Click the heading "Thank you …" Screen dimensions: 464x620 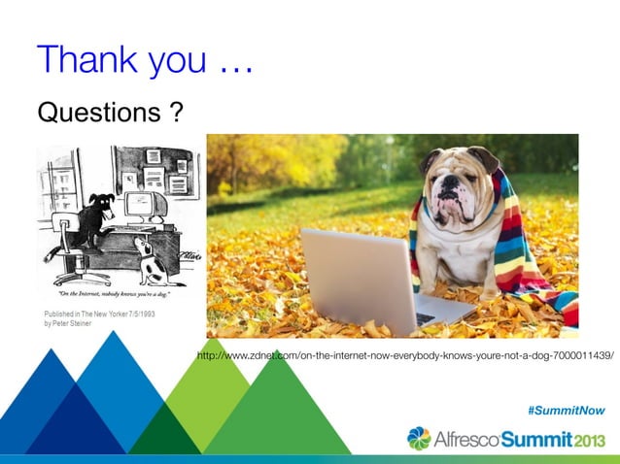[145, 61]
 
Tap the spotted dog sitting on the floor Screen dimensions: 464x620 [147, 259]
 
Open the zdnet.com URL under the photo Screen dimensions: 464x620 [404, 356]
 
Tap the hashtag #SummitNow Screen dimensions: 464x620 [566, 411]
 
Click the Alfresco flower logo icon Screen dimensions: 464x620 [419, 439]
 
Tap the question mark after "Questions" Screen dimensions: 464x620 [175, 114]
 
